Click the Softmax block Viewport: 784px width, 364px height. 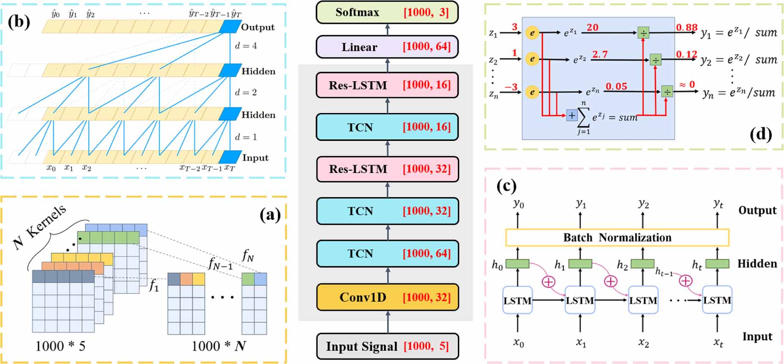click(x=387, y=12)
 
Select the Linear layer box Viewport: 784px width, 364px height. click(x=387, y=47)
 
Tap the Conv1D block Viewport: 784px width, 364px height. click(x=387, y=297)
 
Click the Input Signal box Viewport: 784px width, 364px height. click(x=387, y=346)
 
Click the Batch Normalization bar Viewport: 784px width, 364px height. click(x=617, y=237)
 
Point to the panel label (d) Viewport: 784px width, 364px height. click(x=760, y=134)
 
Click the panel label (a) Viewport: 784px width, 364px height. click(x=270, y=215)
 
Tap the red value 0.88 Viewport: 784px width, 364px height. click(x=686, y=28)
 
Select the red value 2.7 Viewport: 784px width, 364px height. click(x=600, y=55)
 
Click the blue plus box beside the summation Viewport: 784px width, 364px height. click(x=572, y=115)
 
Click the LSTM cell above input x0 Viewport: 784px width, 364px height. click(x=517, y=301)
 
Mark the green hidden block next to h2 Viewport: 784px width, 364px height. click(x=643, y=264)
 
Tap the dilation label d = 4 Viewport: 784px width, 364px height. click(x=246, y=46)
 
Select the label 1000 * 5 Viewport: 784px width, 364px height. click(x=60, y=346)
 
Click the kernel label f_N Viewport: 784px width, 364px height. click(x=248, y=255)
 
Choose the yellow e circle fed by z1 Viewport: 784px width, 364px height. click(x=532, y=33)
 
